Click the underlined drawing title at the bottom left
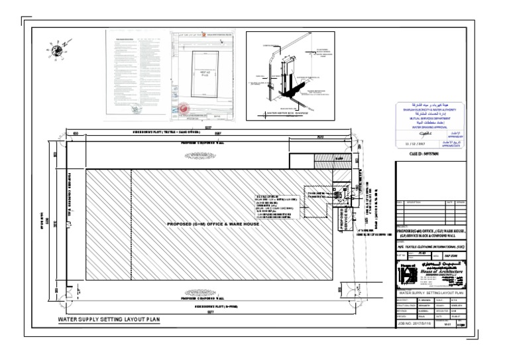coord(109,320)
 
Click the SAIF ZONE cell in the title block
coord(465,254)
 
